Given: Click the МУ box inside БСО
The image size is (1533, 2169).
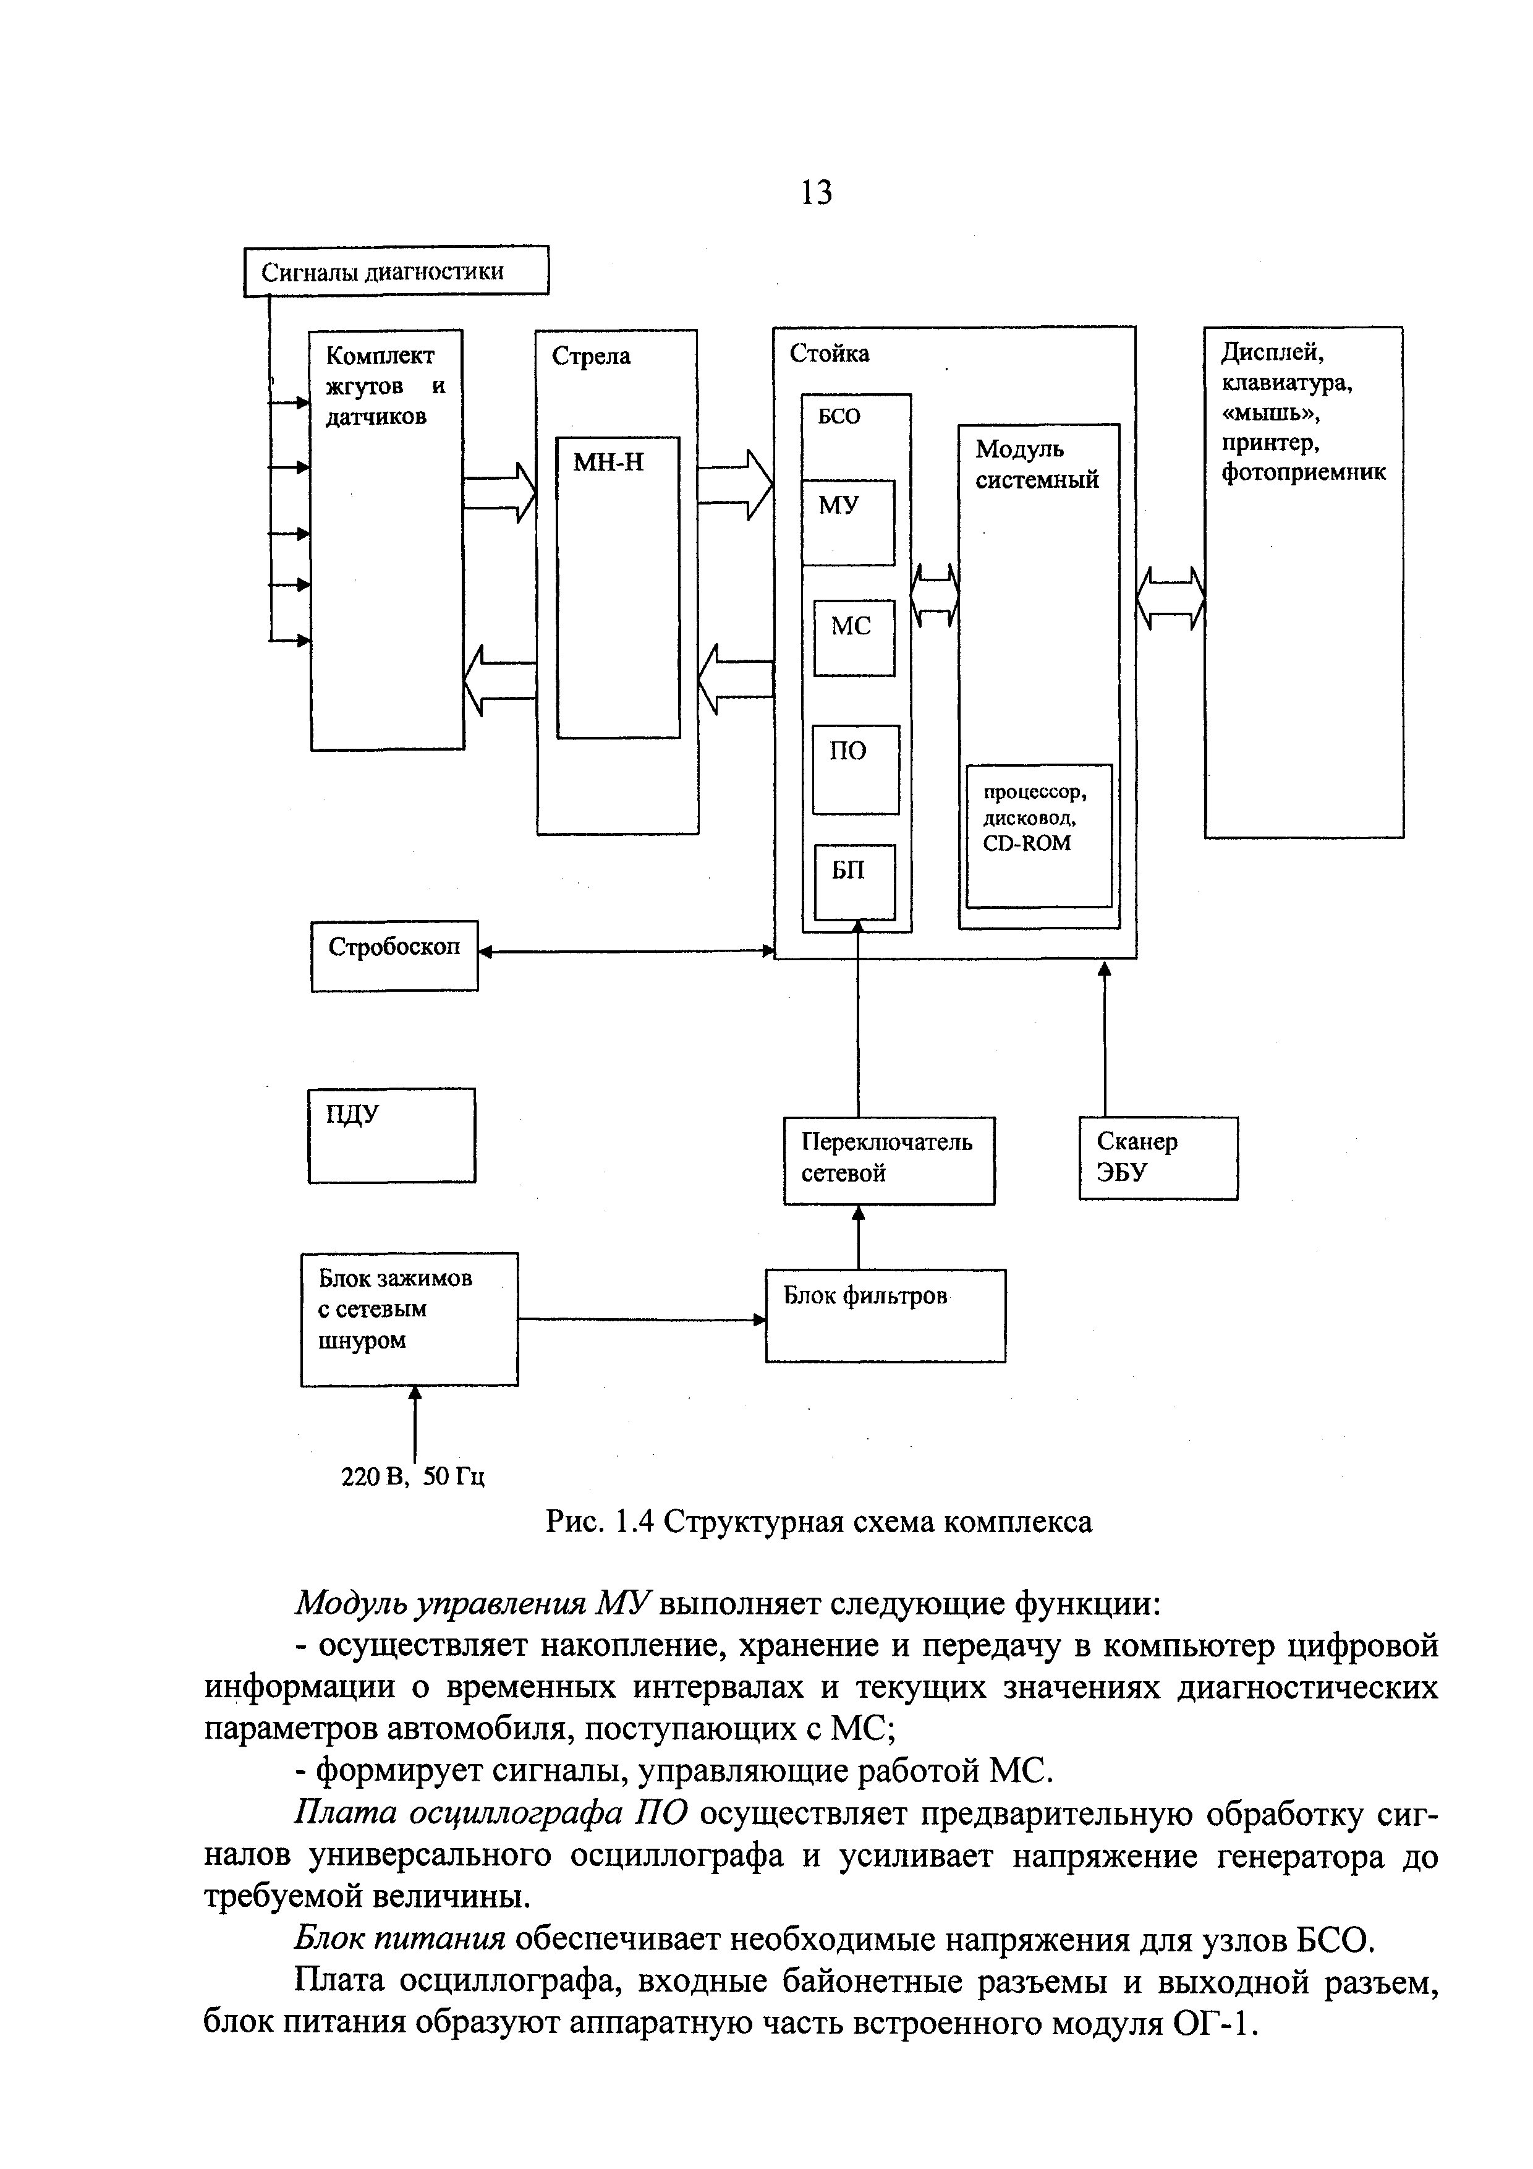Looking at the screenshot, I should [x=847, y=522].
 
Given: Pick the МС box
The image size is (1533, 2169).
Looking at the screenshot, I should [x=854, y=637].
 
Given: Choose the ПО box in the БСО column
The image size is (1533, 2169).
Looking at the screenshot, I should [x=855, y=769].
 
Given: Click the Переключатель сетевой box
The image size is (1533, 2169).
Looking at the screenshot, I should [x=888, y=1159].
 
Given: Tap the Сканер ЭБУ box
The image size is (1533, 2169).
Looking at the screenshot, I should [x=1157, y=1157].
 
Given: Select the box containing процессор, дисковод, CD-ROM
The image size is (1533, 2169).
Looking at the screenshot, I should [x=1038, y=835].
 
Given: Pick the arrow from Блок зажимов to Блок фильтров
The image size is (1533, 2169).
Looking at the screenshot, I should [x=640, y=1319].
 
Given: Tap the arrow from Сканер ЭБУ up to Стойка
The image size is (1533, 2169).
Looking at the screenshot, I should [x=1104, y=1039].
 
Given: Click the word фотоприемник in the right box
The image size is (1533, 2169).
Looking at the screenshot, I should [x=1304, y=472].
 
